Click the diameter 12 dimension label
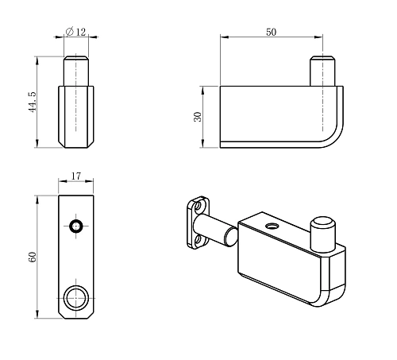click(77, 31)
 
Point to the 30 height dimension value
click(198, 116)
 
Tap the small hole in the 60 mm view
click(76, 227)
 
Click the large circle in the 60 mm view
click(76, 298)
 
